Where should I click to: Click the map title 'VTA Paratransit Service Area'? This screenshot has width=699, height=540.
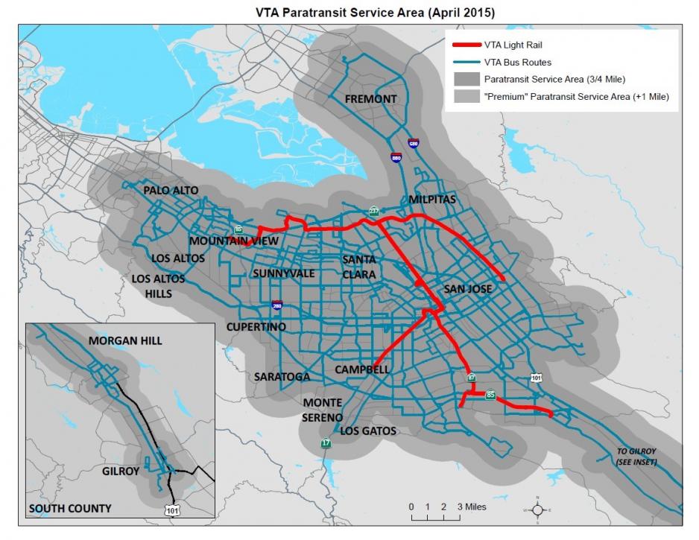349,13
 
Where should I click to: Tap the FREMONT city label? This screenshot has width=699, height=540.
370,100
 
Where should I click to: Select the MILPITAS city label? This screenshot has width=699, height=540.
431,200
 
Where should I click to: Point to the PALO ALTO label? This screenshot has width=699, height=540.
171,191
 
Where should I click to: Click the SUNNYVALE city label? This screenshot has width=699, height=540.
283,273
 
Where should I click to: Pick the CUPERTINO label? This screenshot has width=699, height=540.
256,327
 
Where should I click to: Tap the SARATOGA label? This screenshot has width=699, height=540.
282,377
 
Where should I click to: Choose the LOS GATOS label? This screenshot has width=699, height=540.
368,431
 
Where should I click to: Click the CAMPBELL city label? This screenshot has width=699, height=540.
361,369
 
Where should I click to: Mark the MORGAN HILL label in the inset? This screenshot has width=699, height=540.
125,341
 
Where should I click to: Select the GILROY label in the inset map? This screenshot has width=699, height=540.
121,471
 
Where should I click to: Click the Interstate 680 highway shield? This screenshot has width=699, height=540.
413,143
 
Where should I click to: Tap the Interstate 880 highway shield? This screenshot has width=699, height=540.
396,157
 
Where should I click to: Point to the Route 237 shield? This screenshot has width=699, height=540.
373,212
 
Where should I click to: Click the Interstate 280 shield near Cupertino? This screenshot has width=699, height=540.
276,305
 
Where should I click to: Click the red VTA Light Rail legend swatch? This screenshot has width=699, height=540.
463,45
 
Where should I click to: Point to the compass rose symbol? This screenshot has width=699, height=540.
536,509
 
